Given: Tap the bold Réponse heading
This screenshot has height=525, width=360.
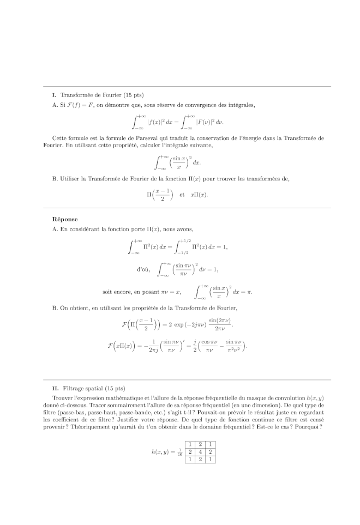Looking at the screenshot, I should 65,219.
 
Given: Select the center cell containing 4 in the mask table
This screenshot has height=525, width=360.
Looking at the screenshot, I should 200,452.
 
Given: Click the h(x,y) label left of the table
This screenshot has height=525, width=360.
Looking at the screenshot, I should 163,452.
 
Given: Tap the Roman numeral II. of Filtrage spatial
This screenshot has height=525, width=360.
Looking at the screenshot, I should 55,388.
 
